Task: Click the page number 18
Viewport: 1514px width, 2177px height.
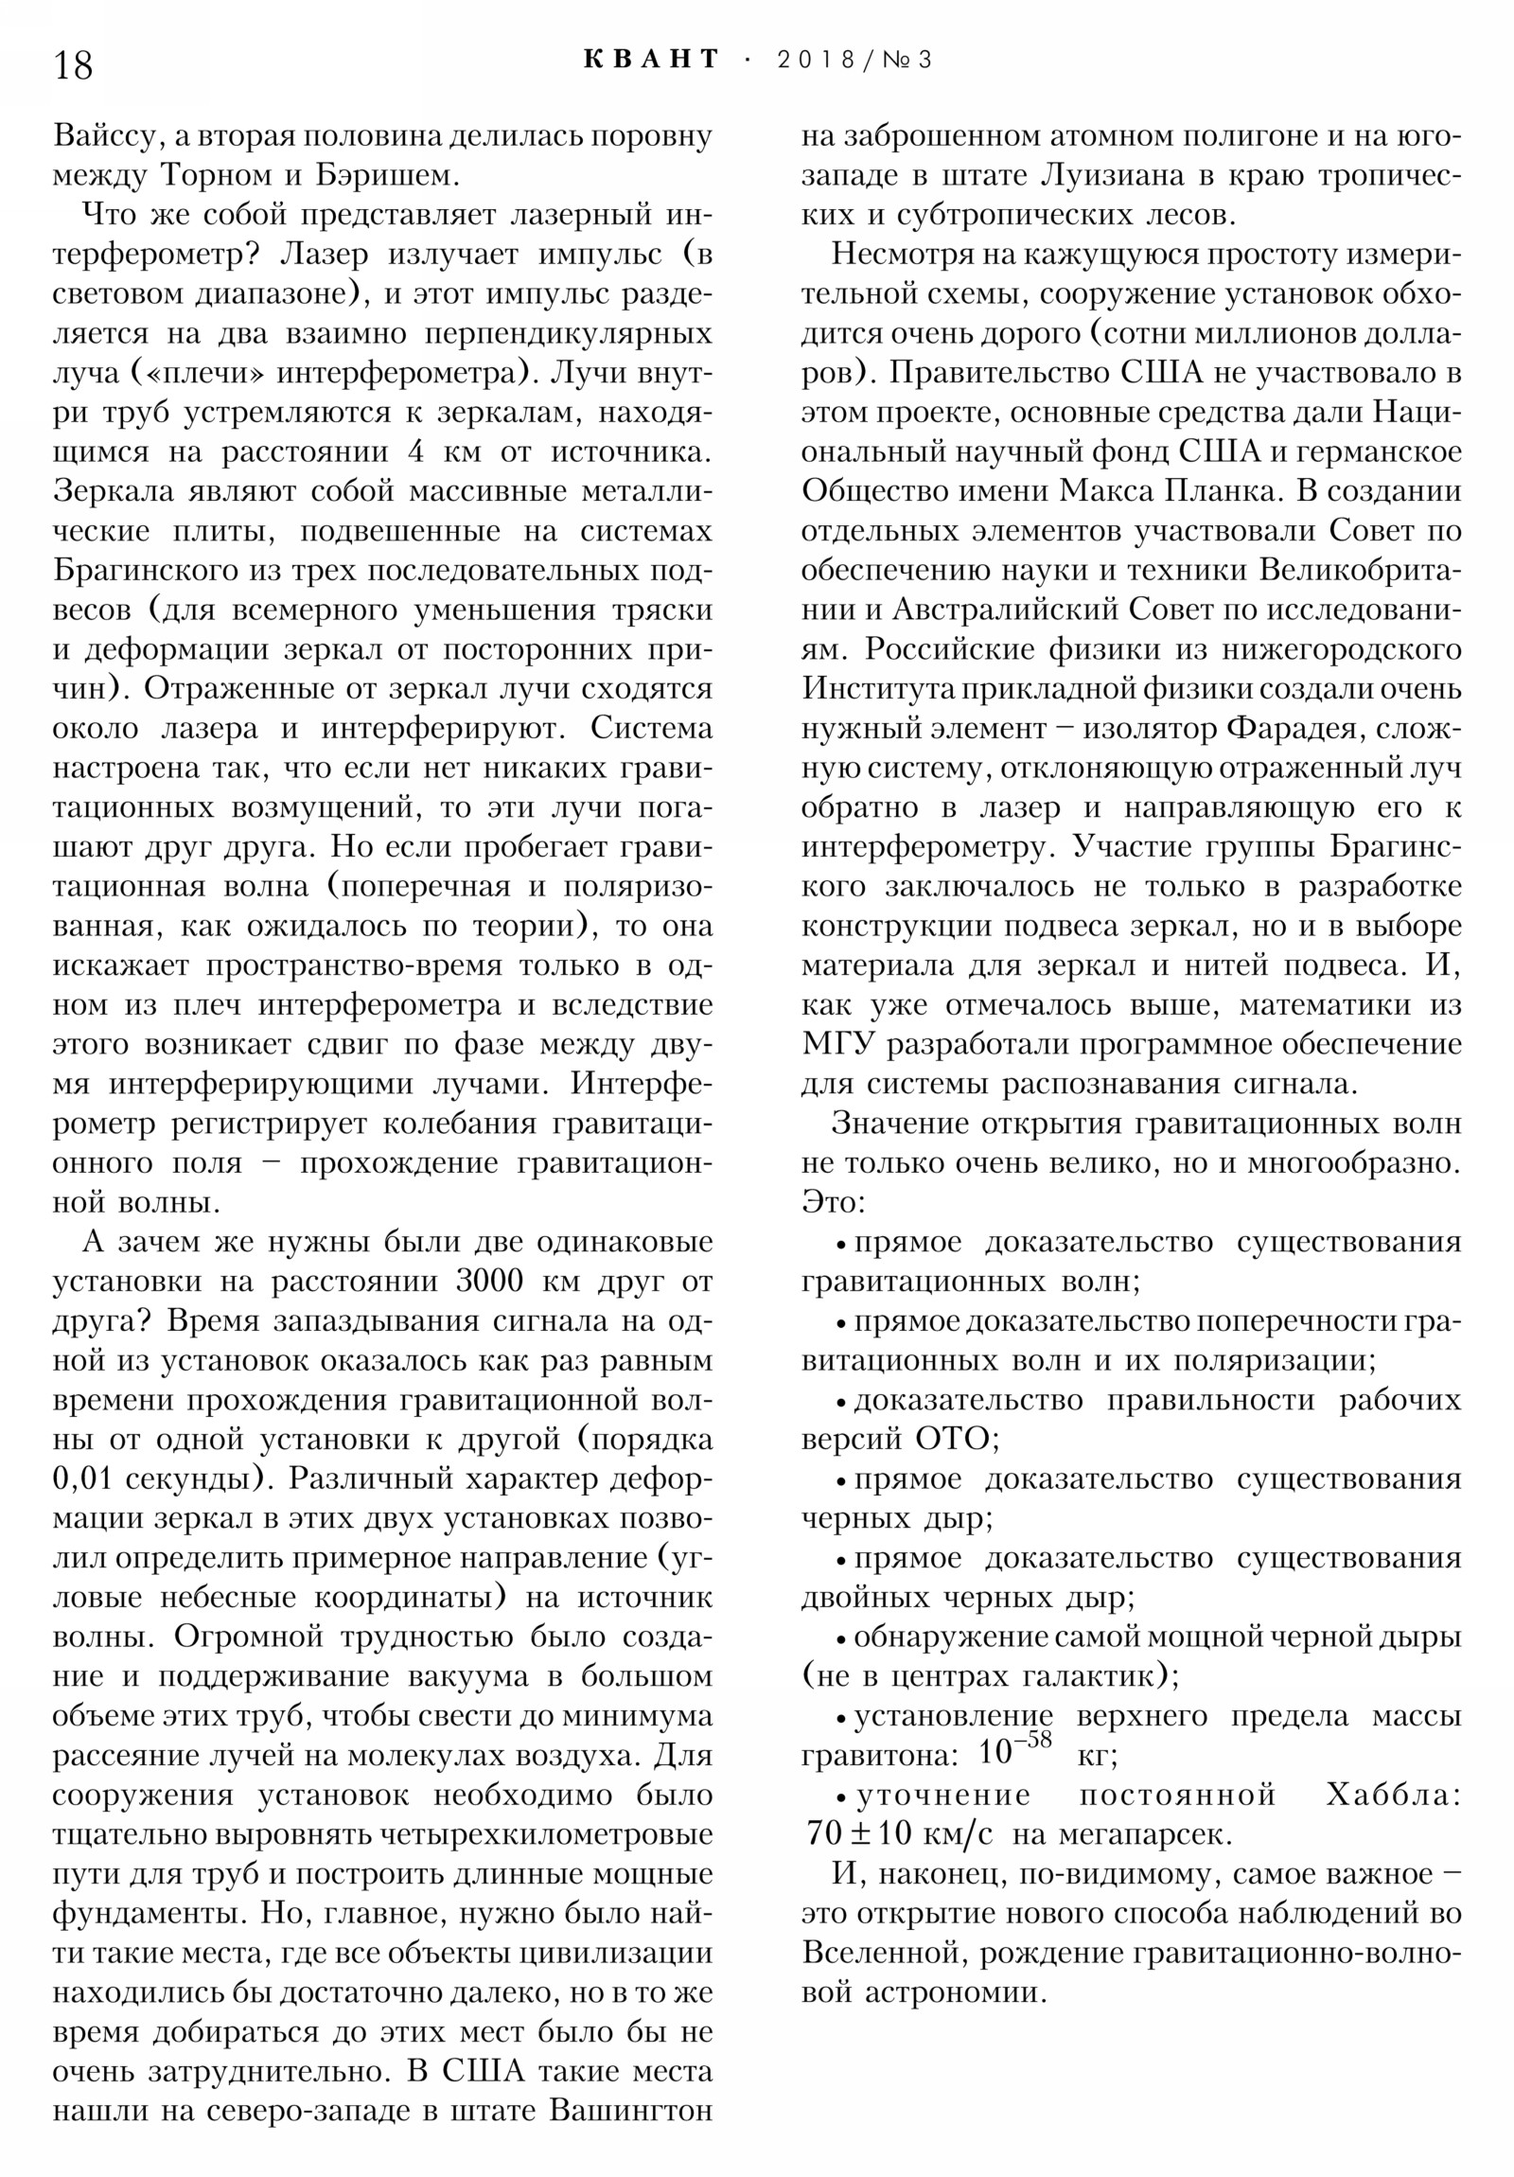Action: point(73,65)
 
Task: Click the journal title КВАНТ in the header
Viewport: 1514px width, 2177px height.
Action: point(652,60)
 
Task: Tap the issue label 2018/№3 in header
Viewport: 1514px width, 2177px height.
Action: point(854,60)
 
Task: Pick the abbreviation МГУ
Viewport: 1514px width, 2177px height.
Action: point(836,1045)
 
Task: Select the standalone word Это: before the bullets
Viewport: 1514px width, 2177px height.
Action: point(833,1203)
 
